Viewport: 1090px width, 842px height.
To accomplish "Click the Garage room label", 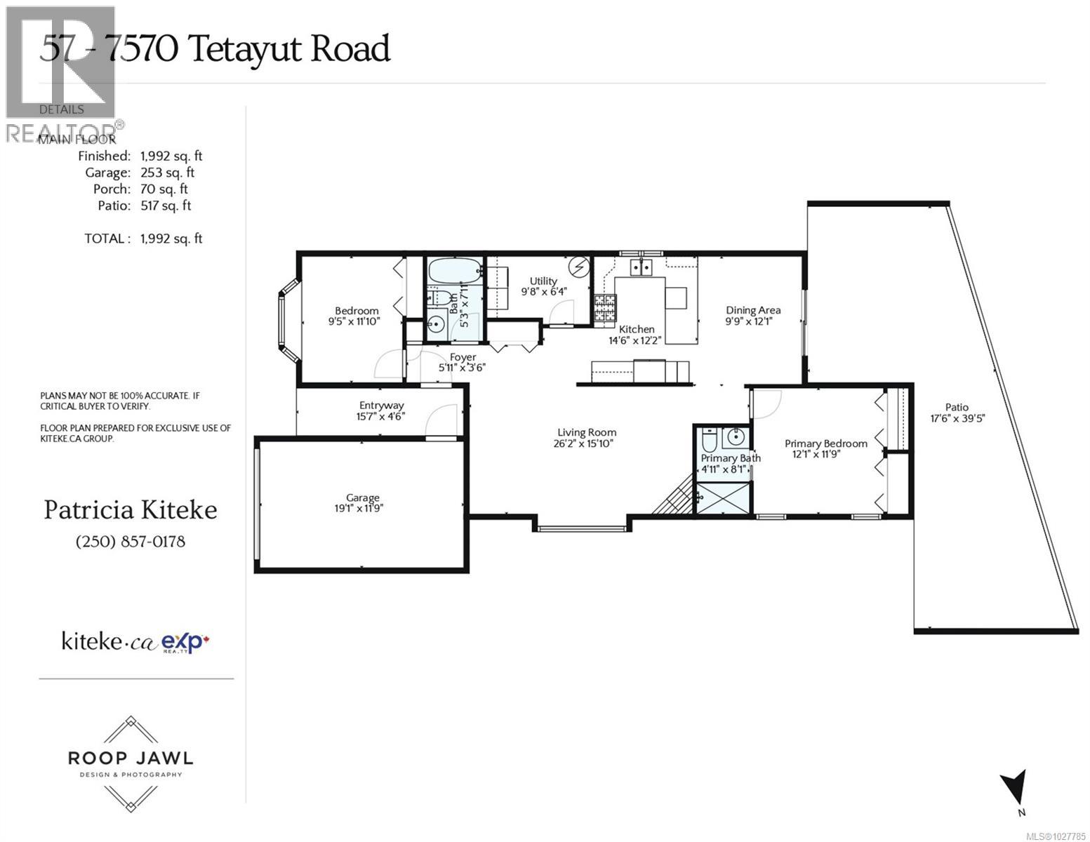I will [362, 497].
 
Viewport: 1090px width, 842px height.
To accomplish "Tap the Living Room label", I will [587, 433].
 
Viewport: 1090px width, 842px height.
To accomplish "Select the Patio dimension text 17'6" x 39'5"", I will [957, 418].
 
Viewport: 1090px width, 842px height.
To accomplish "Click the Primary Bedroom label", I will [825, 443].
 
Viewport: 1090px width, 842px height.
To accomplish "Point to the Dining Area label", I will [752, 310].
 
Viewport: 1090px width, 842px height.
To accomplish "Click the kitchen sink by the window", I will [641, 267].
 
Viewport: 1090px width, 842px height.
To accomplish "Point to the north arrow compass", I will [1015, 789].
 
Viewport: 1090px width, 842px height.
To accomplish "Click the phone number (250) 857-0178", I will [130, 542].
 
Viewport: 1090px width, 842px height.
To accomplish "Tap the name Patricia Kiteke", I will [131, 510].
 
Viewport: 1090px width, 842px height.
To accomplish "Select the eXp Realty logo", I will [186, 642].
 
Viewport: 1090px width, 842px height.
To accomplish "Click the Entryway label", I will [381, 405].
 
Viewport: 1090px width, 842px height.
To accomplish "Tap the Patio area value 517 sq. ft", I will [166, 206].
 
